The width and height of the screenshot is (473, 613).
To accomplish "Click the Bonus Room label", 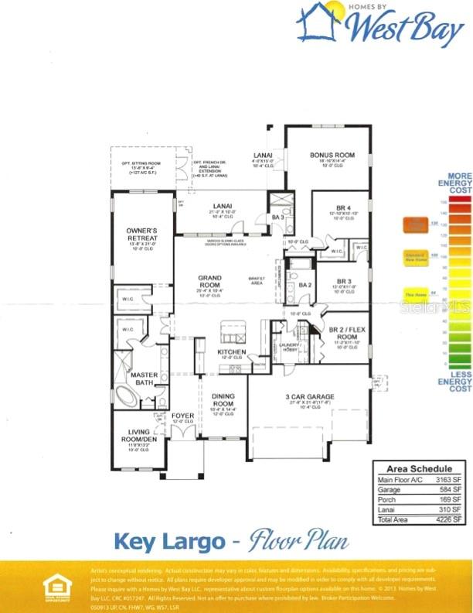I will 332,156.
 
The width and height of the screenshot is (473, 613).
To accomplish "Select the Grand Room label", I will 209,281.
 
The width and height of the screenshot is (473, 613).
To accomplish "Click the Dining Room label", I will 223,400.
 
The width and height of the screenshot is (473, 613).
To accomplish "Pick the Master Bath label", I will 144,378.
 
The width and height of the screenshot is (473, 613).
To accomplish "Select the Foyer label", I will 183,416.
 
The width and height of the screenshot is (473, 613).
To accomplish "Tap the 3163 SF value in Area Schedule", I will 453,480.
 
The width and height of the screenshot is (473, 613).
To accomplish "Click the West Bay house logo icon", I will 318,21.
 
